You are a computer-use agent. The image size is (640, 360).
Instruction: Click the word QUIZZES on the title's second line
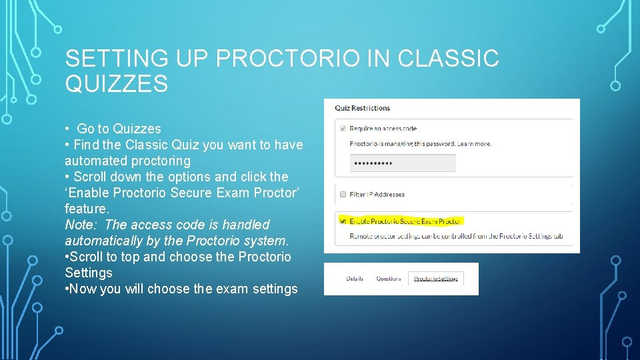(117, 84)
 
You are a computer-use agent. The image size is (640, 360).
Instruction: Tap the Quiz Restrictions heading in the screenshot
(362, 108)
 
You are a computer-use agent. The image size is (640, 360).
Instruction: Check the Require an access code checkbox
(343, 128)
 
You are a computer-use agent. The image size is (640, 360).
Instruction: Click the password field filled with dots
(403, 163)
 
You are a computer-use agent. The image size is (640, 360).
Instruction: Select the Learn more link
(475, 143)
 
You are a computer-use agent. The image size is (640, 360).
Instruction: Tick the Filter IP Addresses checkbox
(343, 194)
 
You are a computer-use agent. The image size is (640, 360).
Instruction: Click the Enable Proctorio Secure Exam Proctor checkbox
(343, 220)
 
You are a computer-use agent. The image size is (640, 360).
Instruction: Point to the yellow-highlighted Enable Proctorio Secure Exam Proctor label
(405, 220)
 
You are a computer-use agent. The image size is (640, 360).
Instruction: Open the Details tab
(355, 279)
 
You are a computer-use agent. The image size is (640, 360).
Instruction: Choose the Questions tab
(389, 279)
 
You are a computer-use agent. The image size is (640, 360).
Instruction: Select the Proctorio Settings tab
(436, 279)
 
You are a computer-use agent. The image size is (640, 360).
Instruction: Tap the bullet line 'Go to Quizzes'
(119, 129)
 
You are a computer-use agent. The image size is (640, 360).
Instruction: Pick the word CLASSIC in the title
(448, 59)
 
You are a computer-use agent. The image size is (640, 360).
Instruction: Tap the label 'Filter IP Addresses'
(377, 194)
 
